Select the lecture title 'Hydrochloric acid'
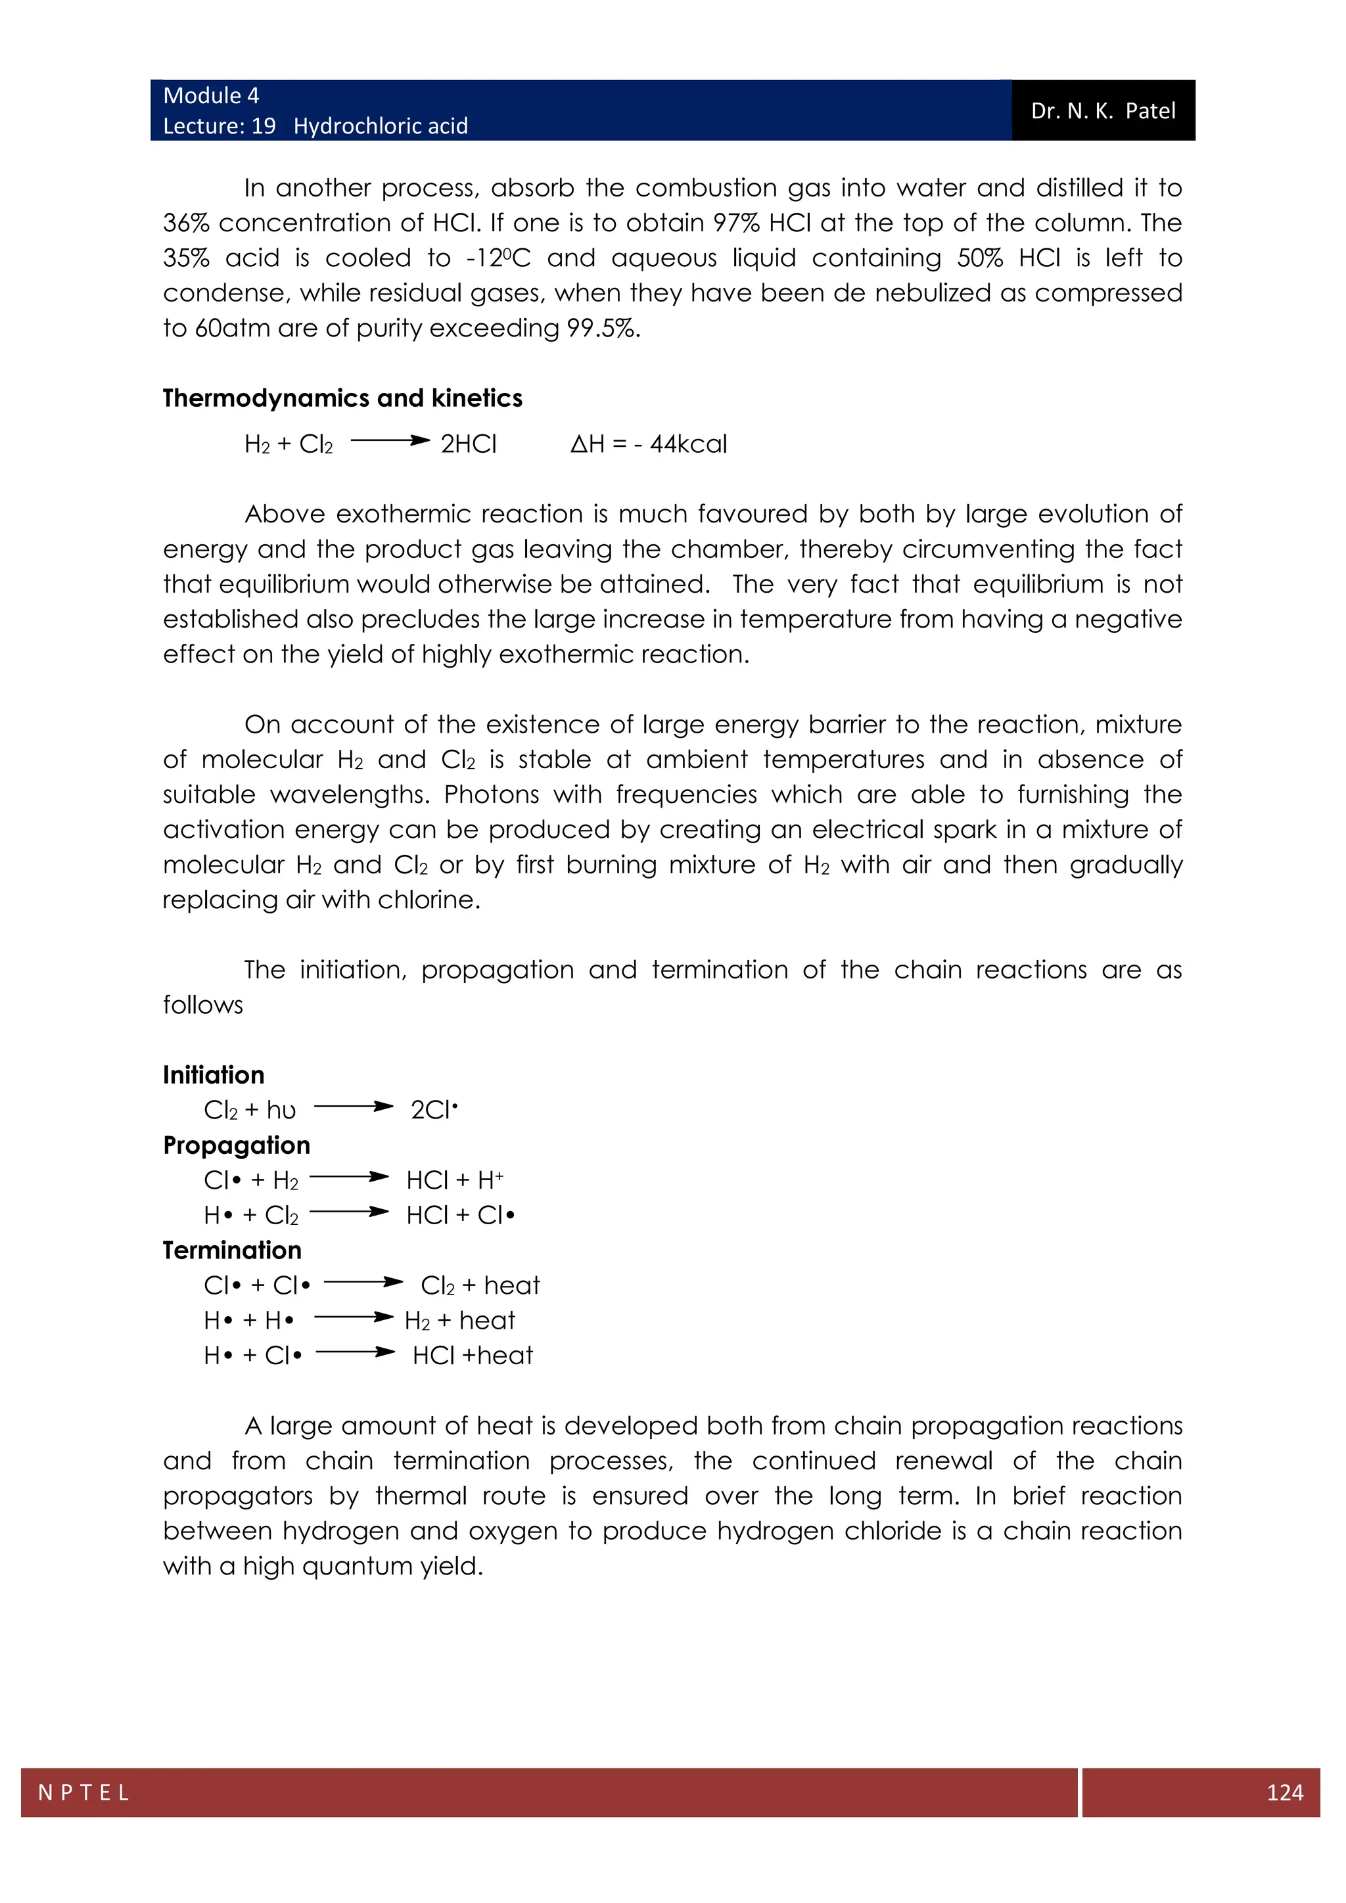point(381,126)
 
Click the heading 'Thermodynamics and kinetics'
point(342,399)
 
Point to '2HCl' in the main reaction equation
point(469,444)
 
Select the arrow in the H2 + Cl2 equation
point(390,441)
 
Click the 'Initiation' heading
point(213,1075)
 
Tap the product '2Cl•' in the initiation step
point(434,1110)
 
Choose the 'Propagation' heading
point(236,1145)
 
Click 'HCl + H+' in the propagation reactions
point(454,1180)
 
